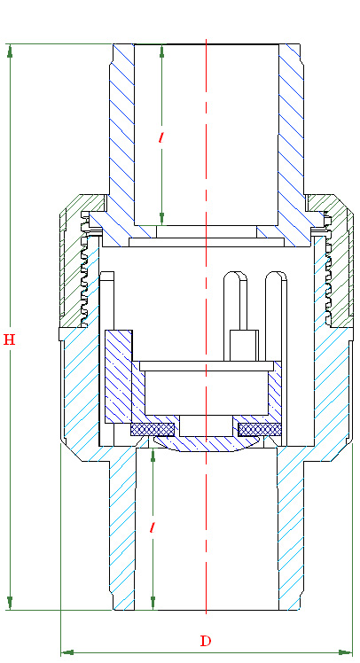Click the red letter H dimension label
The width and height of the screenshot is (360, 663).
[9, 339]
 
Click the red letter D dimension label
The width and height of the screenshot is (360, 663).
[205, 641]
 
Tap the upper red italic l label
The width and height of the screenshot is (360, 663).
[161, 137]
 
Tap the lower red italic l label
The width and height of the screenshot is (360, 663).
[153, 527]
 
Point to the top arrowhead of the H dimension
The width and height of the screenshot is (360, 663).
[10, 51]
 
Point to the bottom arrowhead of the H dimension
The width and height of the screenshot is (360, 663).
[10, 604]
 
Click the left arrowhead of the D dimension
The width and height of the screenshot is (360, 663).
[67, 652]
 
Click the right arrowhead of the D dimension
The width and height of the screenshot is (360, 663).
[346, 652]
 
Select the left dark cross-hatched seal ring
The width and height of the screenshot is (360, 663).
[153, 430]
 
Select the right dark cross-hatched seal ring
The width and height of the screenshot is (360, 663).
[260, 430]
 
